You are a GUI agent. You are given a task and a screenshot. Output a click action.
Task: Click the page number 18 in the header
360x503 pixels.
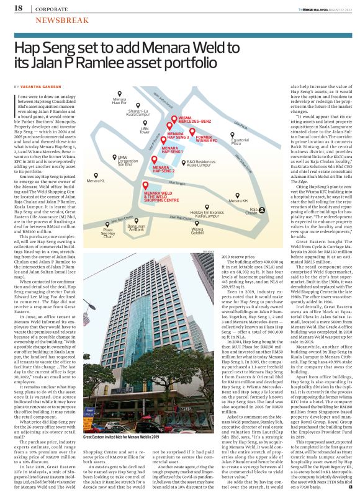click(x=17, y=8)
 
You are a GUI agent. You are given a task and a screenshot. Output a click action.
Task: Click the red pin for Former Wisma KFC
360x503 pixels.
click(x=192, y=132)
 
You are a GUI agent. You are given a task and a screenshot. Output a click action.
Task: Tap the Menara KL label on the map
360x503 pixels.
click(x=96, y=180)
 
